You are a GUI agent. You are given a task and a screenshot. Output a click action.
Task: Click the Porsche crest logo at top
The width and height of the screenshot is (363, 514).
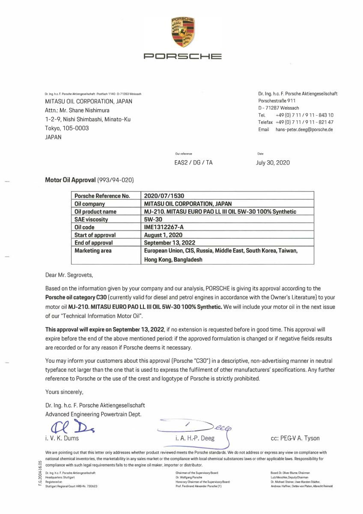point(182,33)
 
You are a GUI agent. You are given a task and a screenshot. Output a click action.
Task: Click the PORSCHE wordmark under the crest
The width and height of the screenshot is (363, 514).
point(182,56)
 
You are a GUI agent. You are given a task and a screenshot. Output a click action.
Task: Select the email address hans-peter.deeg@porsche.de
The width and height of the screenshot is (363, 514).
point(304,129)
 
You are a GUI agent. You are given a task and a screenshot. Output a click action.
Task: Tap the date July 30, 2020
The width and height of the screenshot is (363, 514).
point(273,163)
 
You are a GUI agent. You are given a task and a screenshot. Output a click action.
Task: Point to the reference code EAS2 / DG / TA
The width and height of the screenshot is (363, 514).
point(193,163)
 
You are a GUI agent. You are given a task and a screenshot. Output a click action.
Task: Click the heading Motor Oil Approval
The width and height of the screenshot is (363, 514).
point(71,180)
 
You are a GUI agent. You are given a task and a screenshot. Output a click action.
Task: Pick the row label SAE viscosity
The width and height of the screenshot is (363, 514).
point(91,219)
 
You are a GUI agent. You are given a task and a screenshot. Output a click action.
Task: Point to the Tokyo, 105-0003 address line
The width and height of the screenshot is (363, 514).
point(67,128)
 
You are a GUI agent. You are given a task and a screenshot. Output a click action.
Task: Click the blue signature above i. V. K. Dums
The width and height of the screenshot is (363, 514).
point(68,426)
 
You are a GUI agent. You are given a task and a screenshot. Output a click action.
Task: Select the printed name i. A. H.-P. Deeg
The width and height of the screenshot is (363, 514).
point(195,438)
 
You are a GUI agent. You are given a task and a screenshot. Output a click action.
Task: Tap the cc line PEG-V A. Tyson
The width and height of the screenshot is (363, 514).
point(295,438)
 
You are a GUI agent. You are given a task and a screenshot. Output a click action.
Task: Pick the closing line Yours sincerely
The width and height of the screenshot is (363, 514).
point(64,391)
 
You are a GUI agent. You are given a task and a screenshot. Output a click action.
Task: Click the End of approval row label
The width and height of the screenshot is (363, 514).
point(94,243)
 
